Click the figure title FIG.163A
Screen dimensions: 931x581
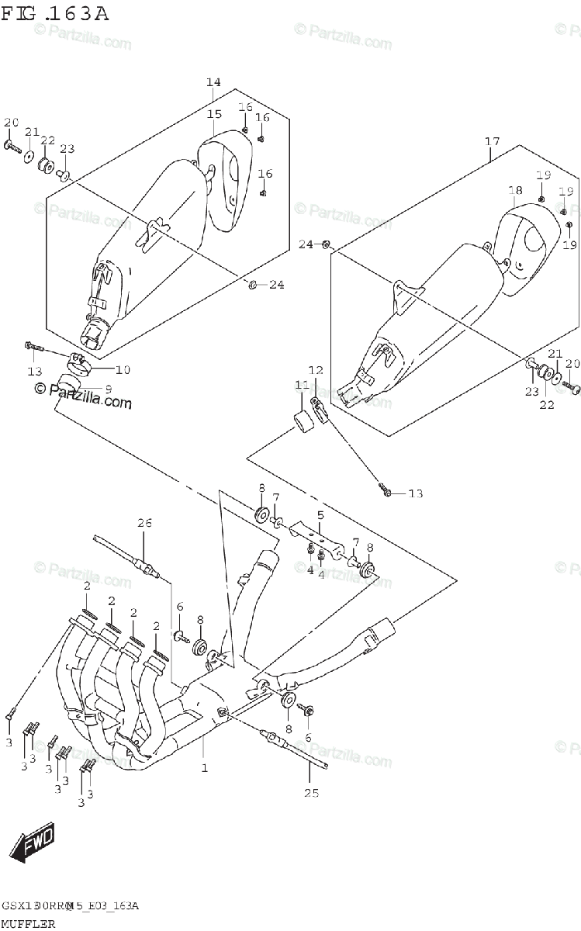pyautogui.click(x=55, y=13)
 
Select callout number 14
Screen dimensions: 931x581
pyautogui.click(x=213, y=82)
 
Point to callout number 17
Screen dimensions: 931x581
pyautogui.click(x=492, y=141)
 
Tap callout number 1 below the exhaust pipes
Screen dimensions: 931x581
pyautogui.click(x=204, y=767)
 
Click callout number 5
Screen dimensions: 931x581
pyautogui.click(x=319, y=514)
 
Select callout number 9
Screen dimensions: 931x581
pyautogui.click(x=108, y=388)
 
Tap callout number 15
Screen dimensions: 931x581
pyautogui.click(x=214, y=114)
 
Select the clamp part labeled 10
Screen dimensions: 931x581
pyautogui.click(x=79, y=362)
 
